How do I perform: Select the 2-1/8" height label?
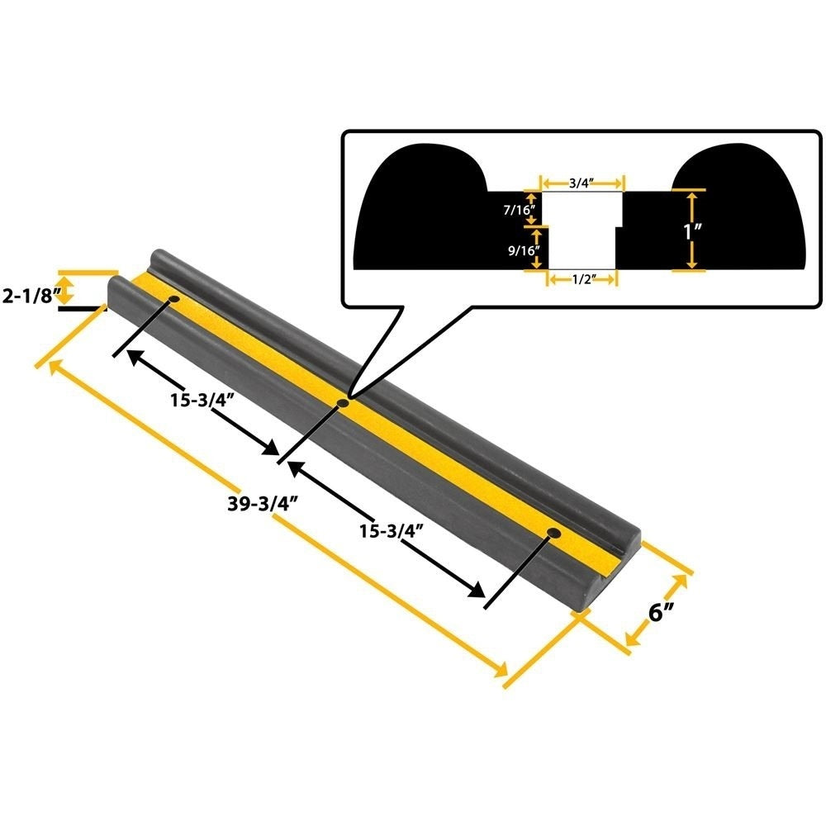coord(27,295)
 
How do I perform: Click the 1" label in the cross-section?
coord(691,230)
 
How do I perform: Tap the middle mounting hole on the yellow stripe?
coord(342,403)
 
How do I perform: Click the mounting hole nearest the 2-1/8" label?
coord(174,298)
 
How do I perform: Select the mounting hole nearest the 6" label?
coord(553,534)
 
